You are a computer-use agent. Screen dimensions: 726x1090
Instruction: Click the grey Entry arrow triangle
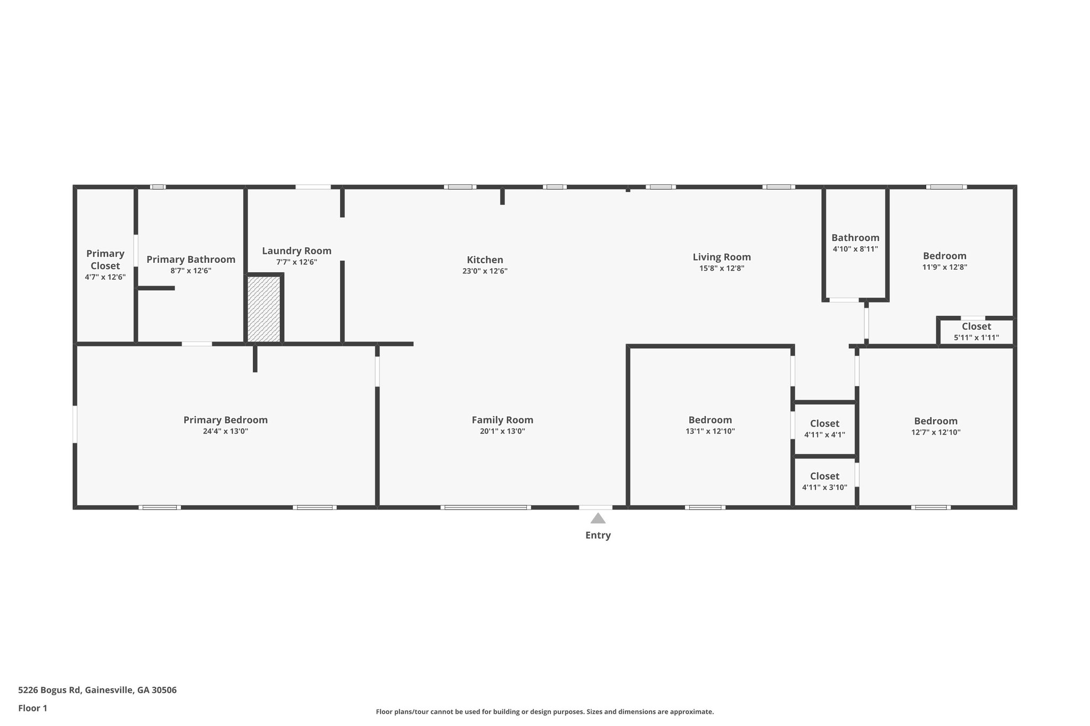point(598,519)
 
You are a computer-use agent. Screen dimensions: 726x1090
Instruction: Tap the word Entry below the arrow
point(598,536)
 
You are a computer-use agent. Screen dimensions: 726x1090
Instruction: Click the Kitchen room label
point(485,260)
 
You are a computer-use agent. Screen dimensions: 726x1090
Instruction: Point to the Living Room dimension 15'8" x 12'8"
point(722,269)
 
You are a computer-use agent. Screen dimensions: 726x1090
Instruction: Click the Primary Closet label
point(105,260)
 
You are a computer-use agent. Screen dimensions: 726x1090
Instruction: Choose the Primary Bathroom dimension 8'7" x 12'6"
point(191,271)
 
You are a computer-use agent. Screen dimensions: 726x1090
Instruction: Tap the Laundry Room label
point(296,251)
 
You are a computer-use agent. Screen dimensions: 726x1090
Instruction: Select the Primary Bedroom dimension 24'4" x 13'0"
point(225,431)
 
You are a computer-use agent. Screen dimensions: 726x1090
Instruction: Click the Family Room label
point(502,420)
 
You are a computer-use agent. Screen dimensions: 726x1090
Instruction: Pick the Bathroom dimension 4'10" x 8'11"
point(855,249)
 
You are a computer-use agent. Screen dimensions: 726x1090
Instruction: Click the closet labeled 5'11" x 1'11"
point(976,332)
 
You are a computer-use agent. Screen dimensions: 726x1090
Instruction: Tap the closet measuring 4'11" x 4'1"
point(824,429)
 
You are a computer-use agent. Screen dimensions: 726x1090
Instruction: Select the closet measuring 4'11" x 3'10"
point(824,481)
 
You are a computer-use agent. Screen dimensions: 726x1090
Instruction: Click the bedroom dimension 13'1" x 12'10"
point(710,431)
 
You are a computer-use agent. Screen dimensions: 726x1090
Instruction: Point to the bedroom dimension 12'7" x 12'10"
point(936,432)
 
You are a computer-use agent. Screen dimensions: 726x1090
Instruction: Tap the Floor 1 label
point(32,708)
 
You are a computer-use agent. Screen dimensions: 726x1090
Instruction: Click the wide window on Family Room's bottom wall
point(485,507)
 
